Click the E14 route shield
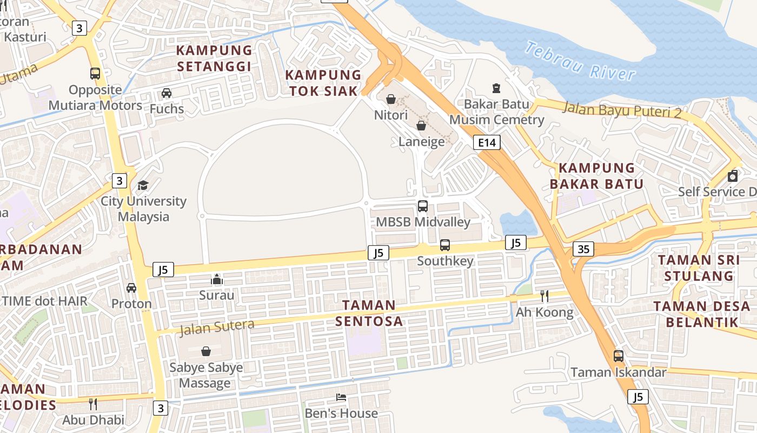coord(487,143)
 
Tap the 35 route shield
coord(583,249)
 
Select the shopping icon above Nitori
coord(391,99)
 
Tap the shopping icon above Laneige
coord(421,126)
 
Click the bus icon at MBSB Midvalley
coord(423,206)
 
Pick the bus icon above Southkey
coord(445,245)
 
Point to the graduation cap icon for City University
coord(143,186)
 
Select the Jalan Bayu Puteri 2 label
coord(622,110)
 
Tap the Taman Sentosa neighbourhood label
coord(369,313)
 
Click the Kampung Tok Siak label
coord(323,83)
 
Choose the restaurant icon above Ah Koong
coord(544,296)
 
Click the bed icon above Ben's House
coord(341,397)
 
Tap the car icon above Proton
coord(131,288)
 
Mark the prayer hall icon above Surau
coord(217,279)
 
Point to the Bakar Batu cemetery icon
coord(496,88)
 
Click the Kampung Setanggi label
coord(215,58)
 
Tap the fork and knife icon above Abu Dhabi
coord(93,404)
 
